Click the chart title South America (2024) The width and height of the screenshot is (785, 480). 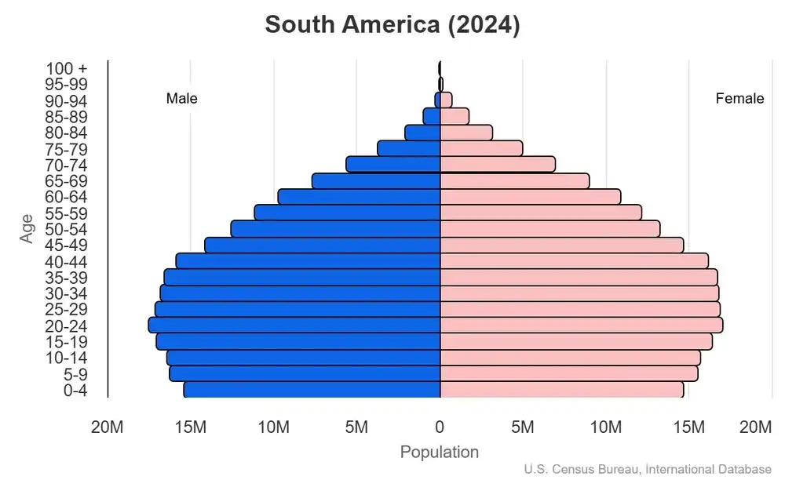[x=392, y=24]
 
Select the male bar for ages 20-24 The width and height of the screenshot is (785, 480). [x=294, y=325]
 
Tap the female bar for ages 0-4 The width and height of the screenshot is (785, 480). [x=561, y=389]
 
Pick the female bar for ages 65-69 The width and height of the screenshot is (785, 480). [x=514, y=180]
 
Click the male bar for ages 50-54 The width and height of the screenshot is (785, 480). [x=335, y=228]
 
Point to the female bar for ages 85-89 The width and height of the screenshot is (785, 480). [x=455, y=116]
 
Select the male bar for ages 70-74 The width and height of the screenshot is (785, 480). [x=392, y=164]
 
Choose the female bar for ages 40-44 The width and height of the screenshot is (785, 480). [x=574, y=260]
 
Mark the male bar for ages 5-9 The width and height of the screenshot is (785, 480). [x=305, y=373]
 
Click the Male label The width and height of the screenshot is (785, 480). [x=181, y=99]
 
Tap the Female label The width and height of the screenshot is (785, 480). [x=739, y=99]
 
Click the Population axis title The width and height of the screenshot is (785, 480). [x=439, y=452]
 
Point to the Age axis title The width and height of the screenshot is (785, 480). [x=27, y=228]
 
